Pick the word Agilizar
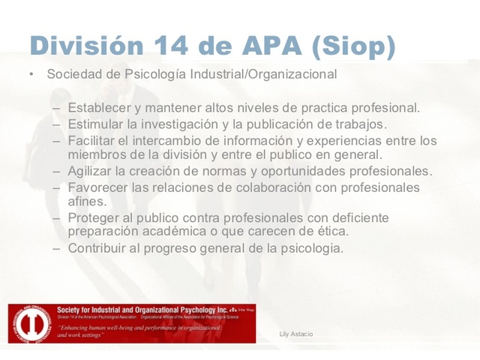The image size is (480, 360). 91,171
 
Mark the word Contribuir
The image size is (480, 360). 96,248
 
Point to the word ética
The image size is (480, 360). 331,232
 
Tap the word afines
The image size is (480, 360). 86,202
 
